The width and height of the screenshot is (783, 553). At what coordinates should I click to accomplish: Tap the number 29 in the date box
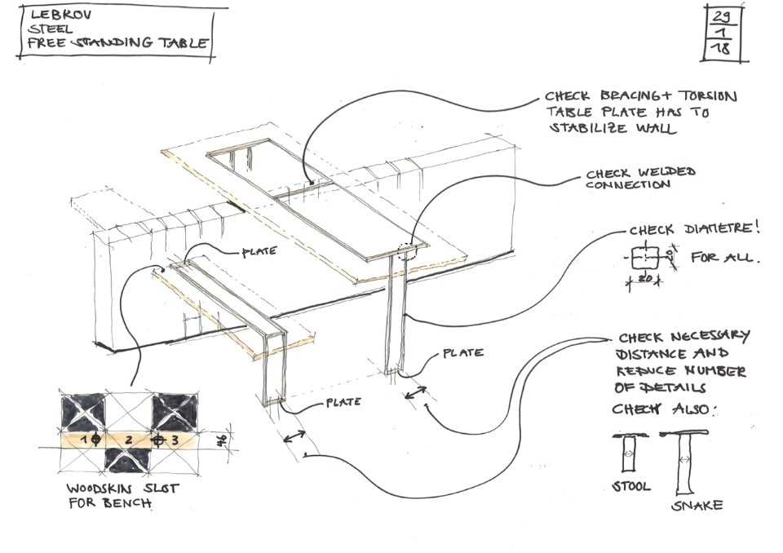[721, 15]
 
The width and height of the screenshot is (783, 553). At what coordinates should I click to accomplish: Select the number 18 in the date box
[721, 49]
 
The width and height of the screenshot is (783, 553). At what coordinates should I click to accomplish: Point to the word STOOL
[630, 486]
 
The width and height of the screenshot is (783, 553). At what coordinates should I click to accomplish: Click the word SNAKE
[697, 506]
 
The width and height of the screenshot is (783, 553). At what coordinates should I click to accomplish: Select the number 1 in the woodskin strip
[82, 439]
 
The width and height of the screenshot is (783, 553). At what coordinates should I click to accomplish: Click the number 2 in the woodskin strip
[128, 440]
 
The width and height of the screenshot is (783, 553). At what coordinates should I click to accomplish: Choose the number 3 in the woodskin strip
[175, 440]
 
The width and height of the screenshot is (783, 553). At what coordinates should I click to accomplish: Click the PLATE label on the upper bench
[259, 252]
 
